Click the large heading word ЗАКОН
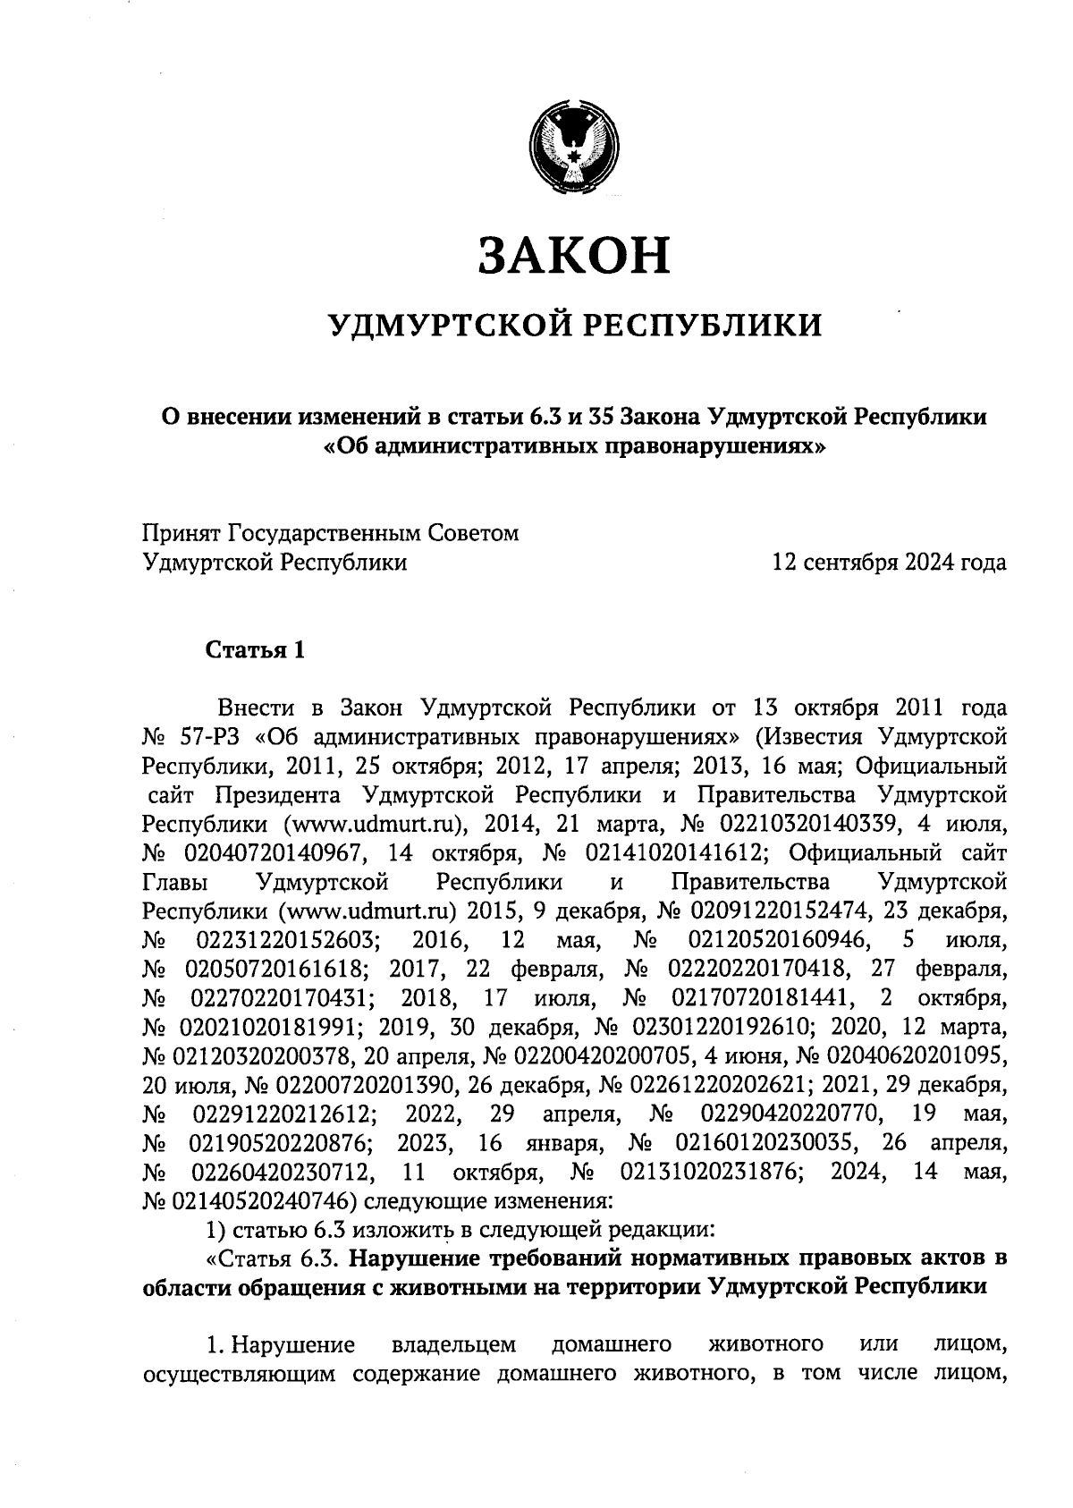(573, 254)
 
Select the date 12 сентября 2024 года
(890, 563)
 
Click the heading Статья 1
(256, 649)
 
